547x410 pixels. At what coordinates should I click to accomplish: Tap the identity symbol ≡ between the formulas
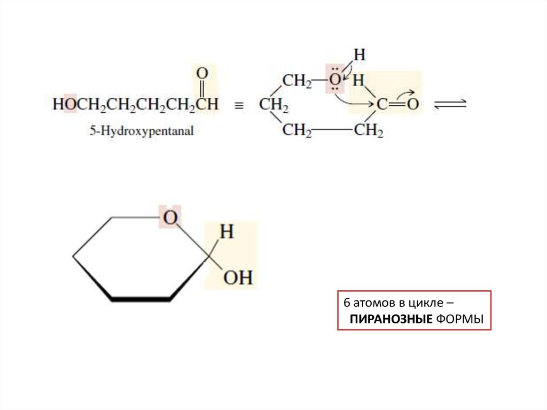click(239, 106)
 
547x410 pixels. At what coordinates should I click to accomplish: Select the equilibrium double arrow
click(450, 104)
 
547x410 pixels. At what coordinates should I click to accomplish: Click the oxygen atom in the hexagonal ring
click(170, 218)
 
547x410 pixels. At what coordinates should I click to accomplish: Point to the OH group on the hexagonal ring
click(237, 278)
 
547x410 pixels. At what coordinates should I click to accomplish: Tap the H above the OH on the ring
click(227, 233)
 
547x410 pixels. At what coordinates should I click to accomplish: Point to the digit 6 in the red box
click(346, 303)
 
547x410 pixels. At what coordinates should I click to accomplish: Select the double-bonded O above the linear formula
click(202, 73)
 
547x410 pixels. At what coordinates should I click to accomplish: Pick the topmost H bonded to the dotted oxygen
click(360, 55)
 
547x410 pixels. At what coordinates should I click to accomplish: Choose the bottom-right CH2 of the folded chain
click(369, 130)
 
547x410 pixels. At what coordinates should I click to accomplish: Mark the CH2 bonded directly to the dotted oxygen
click(296, 81)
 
